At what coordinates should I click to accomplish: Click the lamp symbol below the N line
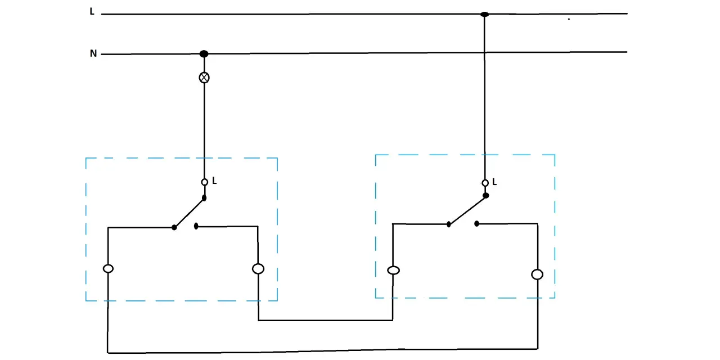[204, 78]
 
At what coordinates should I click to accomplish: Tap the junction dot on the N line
[204, 53]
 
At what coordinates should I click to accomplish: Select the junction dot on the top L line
[484, 14]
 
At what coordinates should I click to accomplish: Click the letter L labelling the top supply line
[92, 12]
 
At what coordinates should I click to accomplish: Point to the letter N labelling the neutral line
[93, 53]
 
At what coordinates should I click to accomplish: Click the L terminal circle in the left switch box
[204, 182]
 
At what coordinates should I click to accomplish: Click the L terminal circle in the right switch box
[485, 183]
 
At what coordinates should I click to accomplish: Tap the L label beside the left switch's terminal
[214, 181]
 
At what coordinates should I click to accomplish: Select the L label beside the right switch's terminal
[494, 182]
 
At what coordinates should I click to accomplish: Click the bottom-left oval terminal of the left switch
[108, 268]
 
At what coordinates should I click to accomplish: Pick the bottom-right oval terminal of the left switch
[258, 269]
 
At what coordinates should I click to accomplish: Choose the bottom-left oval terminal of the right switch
[393, 271]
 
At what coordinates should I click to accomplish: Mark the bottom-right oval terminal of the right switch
[537, 274]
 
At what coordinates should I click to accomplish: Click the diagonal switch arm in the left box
[190, 213]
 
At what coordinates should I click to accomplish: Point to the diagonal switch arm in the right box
[467, 210]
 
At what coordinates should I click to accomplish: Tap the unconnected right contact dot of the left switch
[196, 226]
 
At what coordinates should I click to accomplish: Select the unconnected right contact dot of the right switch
[476, 224]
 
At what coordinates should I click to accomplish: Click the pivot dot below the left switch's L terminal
[204, 198]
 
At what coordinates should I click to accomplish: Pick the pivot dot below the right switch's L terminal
[485, 195]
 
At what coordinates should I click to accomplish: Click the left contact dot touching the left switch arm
[174, 228]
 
